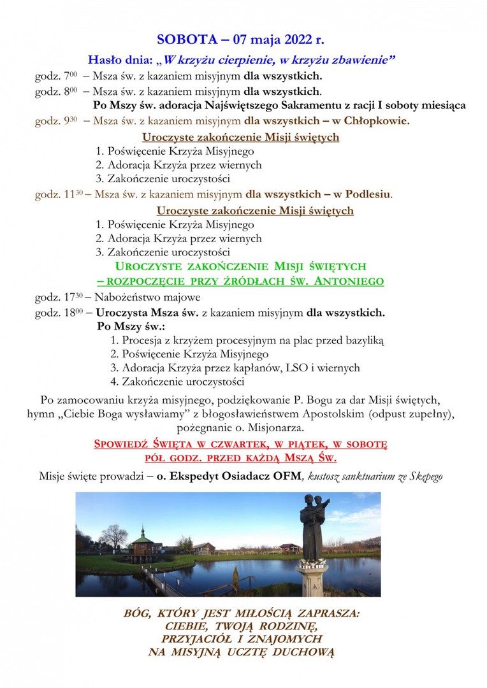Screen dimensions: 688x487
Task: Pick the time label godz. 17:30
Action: (x=59, y=297)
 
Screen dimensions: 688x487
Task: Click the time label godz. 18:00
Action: (x=59, y=313)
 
